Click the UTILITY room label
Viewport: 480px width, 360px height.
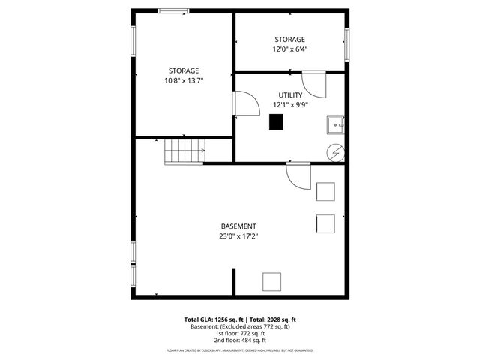coord(290,95)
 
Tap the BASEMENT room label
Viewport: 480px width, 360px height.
coord(238,226)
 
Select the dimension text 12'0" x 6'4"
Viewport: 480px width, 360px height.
coord(289,49)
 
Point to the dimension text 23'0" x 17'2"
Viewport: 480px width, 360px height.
coord(238,237)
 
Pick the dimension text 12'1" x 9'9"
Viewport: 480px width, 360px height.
coord(290,106)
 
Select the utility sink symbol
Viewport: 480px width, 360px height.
coord(336,125)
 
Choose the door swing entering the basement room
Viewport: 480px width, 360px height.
coord(298,177)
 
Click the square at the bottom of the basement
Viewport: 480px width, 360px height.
coord(271,283)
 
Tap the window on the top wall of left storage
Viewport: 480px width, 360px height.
coord(173,10)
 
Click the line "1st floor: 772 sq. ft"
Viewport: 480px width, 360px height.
coord(239,334)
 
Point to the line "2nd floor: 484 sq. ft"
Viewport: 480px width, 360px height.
coord(239,340)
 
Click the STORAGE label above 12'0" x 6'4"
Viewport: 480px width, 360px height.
coord(289,40)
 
